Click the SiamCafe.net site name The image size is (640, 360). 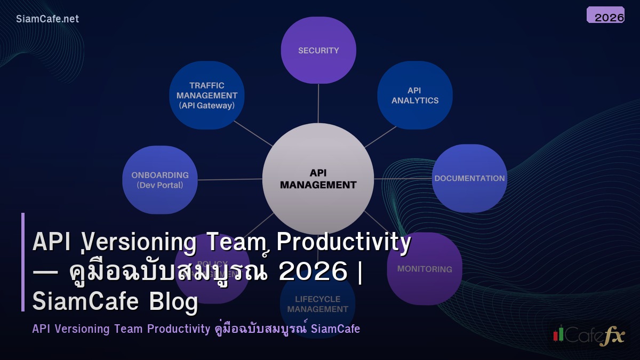click(47, 19)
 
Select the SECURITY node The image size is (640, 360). click(318, 51)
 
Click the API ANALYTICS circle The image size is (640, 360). click(415, 95)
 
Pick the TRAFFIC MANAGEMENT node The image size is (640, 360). click(207, 95)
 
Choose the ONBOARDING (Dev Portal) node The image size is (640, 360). click(160, 180)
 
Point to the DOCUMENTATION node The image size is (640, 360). click(469, 178)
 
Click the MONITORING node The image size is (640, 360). click(425, 269)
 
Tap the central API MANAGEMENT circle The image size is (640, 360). click(318, 179)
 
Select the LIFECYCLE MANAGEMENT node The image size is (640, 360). click(318, 304)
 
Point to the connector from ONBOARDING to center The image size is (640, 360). click(230, 179)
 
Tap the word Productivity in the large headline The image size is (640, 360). click(344, 243)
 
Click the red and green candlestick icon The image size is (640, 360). click(558, 333)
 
